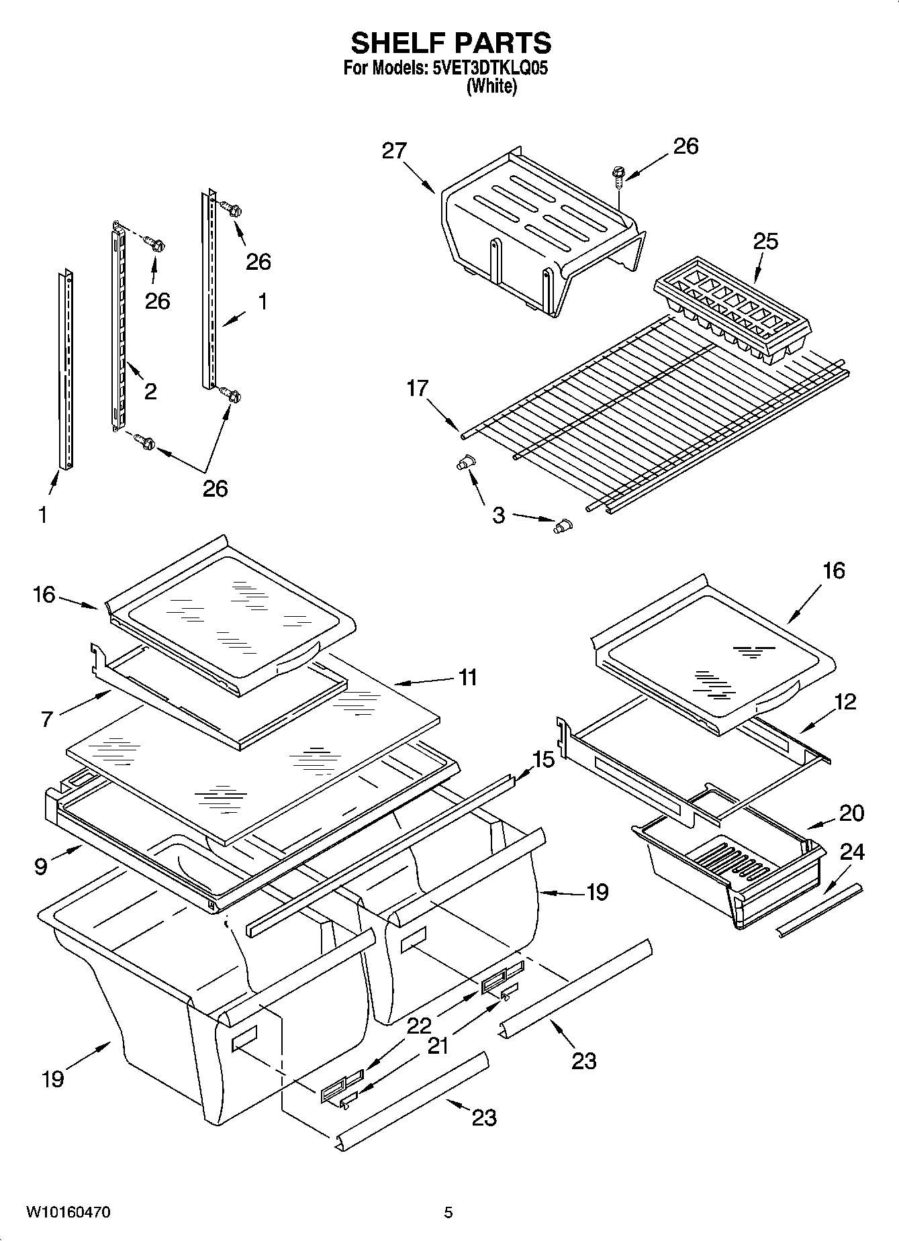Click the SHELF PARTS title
pos(451,44)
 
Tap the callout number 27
pos(394,150)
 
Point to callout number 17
pos(417,389)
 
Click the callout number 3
pos(498,515)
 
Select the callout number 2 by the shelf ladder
pos(150,391)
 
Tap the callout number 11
pos(467,677)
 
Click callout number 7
pos(46,719)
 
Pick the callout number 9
pos(41,866)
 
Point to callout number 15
pos(543,760)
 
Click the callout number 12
pos(846,702)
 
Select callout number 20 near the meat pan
pos(852,813)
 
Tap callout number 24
pos(852,852)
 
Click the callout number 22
pos(419,1025)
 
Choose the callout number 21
pos(438,1046)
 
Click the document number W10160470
pos(68,1213)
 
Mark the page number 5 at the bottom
pos(448,1213)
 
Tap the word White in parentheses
pos(492,87)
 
